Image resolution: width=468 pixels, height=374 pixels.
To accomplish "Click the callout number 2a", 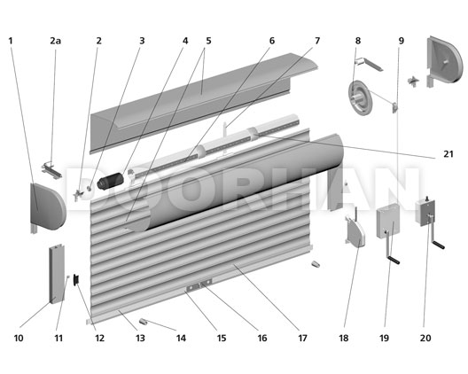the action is [55, 41].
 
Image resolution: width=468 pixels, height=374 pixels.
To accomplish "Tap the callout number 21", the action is [448, 154].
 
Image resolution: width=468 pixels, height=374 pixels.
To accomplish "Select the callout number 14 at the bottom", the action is [181, 338].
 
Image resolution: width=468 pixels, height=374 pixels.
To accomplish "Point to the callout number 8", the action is [358, 41].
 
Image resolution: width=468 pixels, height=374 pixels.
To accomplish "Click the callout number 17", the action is [302, 338].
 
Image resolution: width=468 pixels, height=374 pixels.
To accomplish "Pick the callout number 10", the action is [19, 338].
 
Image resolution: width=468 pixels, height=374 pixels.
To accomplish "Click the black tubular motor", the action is [111, 181].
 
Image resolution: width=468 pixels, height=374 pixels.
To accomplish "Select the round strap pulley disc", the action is [361, 97].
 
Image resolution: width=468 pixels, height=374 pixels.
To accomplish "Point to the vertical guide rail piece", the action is [57, 274].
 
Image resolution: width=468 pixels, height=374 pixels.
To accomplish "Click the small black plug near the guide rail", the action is [77, 279].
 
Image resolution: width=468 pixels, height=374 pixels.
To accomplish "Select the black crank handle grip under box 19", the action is [394, 261].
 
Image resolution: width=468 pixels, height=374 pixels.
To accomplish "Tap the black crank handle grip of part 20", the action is [439, 245].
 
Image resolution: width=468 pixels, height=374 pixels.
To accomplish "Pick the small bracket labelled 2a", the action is [51, 170].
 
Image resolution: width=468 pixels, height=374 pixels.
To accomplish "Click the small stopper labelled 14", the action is [144, 322].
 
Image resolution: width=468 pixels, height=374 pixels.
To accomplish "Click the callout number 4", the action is [185, 41].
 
